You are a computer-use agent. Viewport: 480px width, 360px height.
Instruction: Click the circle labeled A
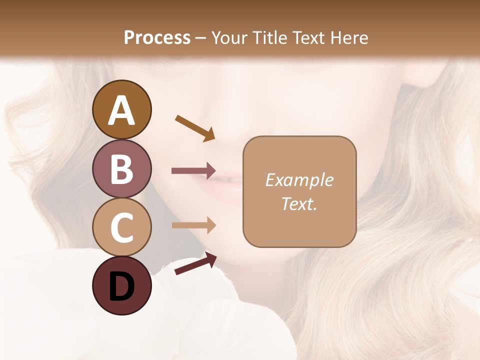click(122, 110)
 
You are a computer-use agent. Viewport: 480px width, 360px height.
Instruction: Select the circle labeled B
click(122, 168)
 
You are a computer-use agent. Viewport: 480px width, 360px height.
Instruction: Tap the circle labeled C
click(122, 227)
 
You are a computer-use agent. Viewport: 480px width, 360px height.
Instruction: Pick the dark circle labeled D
click(122, 285)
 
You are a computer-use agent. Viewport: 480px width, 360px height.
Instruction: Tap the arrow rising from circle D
click(195, 263)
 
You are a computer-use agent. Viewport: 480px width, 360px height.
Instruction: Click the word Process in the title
click(157, 37)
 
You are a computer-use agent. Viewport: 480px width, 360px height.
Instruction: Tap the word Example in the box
click(299, 180)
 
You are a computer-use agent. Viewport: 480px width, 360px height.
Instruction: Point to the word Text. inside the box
click(299, 203)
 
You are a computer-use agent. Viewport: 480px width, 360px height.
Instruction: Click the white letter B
click(122, 169)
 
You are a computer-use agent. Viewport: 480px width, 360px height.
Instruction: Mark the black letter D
click(122, 286)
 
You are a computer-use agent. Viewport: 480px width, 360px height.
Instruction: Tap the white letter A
click(122, 110)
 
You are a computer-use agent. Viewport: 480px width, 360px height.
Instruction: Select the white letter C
click(122, 227)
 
